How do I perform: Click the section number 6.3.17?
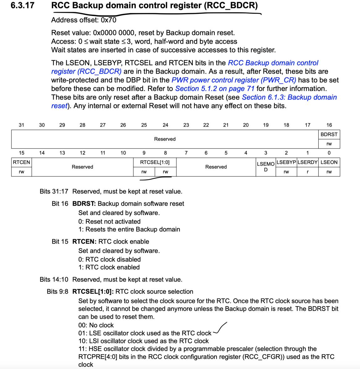coord(22,6)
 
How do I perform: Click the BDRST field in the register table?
coord(329,134)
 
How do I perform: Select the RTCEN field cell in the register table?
coord(21,162)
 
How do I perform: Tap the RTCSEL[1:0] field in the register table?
coord(155,162)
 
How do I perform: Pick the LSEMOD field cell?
coord(265,167)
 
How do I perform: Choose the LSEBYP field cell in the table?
coord(286,162)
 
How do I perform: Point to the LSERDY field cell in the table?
coord(307,162)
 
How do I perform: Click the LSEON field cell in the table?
coord(329,162)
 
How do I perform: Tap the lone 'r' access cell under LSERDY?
coord(307,172)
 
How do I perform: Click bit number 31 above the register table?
coord(21,125)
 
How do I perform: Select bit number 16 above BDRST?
coord(329,125)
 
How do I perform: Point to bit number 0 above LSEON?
coord(329,153)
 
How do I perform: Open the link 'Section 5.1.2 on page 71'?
coord(215,89)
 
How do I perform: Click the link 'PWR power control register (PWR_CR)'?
coord(234,80)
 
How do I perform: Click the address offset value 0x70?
coord(109,20)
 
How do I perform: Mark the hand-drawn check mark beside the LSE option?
coord(220,329)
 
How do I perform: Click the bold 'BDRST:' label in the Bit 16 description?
coord(84,203)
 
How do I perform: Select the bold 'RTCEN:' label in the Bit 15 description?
coord(84,242)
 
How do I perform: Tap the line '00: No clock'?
coord(96,325)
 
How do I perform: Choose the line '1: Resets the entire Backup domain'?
coord(129,229)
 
